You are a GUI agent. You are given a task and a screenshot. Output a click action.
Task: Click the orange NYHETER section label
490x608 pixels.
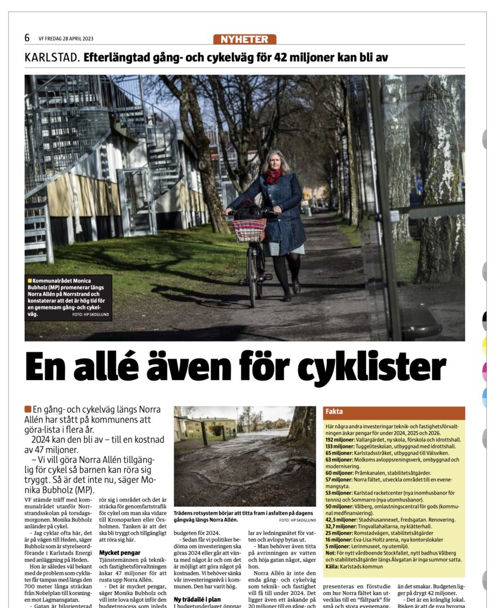[245, 39]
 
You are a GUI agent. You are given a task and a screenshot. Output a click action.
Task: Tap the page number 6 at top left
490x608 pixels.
[27, 38]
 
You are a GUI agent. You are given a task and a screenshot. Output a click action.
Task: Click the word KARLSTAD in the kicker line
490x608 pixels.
[52, 57]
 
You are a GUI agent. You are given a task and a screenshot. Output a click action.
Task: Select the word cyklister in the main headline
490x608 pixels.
[372, 368]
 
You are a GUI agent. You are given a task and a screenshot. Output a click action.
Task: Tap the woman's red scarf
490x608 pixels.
[273, 176]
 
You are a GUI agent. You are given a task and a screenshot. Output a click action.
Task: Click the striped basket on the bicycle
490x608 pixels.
[249, 229]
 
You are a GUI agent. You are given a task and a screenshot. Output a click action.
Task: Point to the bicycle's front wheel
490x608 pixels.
[251, 276]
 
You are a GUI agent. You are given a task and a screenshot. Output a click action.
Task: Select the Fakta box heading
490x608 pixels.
[334, 412]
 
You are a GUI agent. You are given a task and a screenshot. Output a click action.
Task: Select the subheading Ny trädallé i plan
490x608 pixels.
[196, 600]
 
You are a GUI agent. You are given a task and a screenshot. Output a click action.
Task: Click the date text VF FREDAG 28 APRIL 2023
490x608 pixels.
[66, 39]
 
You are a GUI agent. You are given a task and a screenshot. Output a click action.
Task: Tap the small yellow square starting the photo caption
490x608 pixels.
[29, 280]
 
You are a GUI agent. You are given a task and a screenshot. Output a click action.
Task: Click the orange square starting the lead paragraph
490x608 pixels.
[28, 409]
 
